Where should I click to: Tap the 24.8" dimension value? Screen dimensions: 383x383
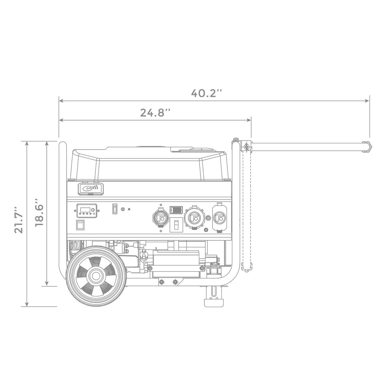[x=156, y=113]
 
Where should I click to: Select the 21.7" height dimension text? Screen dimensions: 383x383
[x=19, y=223]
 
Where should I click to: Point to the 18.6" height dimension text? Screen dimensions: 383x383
[x=39, y=212]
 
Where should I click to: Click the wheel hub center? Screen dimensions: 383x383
[x=96, y=275]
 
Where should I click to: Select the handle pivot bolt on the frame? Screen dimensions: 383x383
[x=246, y=147]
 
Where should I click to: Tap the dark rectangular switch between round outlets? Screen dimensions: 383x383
[x=176, y=210]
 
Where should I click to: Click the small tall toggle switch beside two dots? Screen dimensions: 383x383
[x=115, y=209]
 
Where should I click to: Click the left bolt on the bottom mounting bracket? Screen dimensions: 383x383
[x=162, y=282]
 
